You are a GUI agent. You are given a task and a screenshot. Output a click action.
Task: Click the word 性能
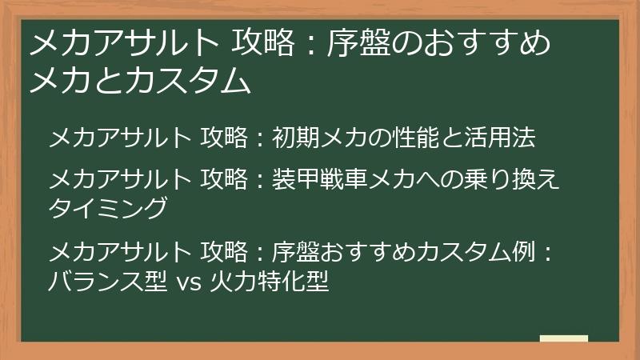point(430,138)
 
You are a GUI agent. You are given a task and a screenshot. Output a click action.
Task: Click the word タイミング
point(108,207)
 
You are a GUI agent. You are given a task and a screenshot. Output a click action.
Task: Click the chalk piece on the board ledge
point(564,338)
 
